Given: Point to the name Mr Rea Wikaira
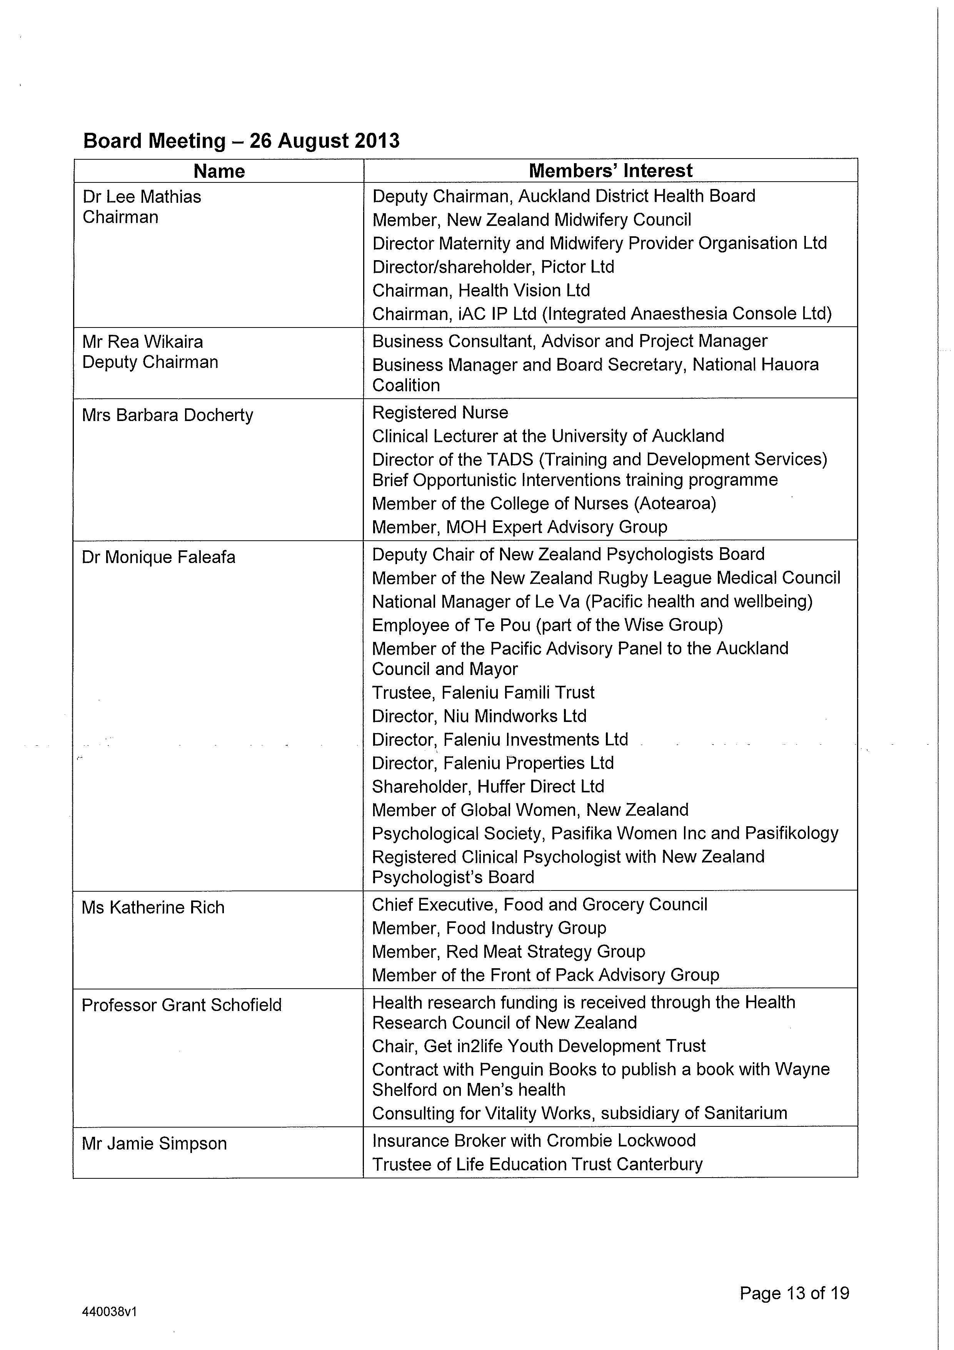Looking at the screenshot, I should pyautogui.click(x=143, y=342).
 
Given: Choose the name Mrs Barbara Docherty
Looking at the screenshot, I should pyautogui.click(x=167, y=415).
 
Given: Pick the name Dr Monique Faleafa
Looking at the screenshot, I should pyautogui.click(x=159, y=557).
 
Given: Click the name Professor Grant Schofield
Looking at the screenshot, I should pyautogui.click(x=182, y=1005).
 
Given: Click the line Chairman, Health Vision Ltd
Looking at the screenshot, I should pyautogui.click(x=481, y=291).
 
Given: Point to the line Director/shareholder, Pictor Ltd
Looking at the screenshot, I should pyautogui.click(x=493, y=267).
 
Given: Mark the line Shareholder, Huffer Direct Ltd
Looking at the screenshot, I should pyautogui.click(x=488, y=786).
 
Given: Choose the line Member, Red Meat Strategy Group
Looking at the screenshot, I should pyautogui.click(x=509, y=951).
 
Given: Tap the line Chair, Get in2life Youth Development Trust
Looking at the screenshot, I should pyautogui.click(x=539, y=1046).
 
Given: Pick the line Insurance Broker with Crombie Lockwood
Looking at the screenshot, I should pyautogui.click(x=534, y=1140).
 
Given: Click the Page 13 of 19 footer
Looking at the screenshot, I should pyautogui.click(x=794, y=1293).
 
